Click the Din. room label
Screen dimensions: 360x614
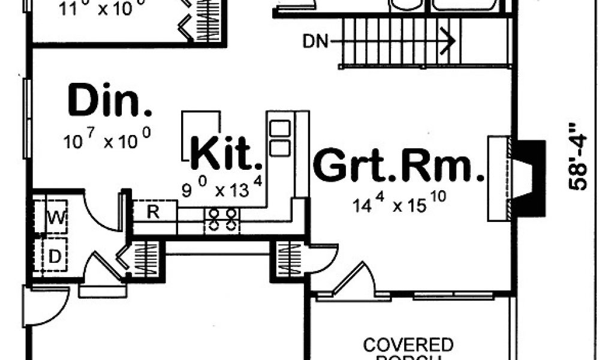pos(110,101)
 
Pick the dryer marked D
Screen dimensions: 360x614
pos(53,257)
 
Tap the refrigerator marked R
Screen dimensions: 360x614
pos(153,212)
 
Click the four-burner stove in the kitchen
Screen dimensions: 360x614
pos(222,221)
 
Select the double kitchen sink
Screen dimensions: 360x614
pos(279,137)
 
